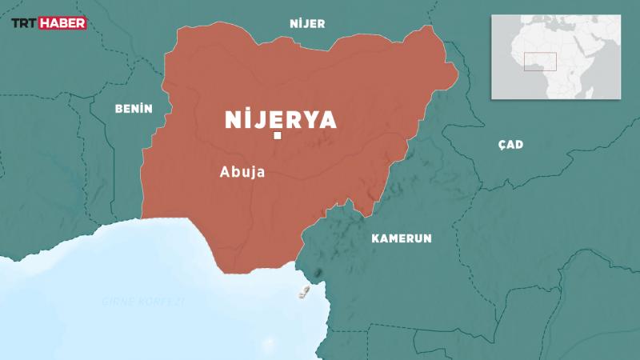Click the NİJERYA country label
[x=279, y=120]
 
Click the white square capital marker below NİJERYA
[x=277, y=138]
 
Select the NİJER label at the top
[x=307, y=24]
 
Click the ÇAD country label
[x=510, y=144]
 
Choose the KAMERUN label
[x=402, y=238]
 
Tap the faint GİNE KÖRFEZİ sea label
[x=143, y=301]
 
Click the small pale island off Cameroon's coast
[x=304, y=291]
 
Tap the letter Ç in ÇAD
[x=501, y=144]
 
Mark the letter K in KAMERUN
[x=375, y=238]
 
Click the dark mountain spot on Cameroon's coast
[x=318, y=274]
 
